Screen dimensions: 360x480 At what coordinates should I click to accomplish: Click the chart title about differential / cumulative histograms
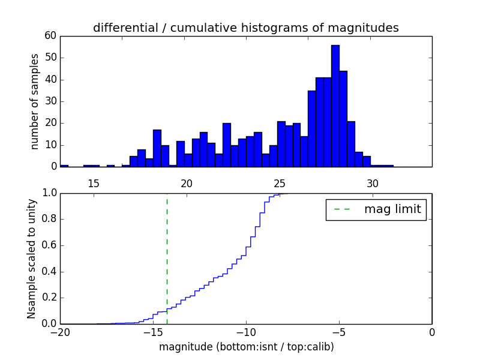(245, 28)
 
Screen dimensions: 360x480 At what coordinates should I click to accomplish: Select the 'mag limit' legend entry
(376, 209)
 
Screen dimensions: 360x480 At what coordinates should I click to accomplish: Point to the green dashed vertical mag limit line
(167, 258)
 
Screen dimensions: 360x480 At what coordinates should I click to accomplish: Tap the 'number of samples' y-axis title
(35, 101)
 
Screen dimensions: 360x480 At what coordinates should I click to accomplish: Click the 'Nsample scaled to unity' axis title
(31, 258)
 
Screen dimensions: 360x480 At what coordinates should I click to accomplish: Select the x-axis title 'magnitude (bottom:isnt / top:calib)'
(246, 347)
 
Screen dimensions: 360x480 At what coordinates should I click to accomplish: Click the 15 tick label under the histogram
(93, 183)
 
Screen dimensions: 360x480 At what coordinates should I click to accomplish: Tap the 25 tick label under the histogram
(279, 183)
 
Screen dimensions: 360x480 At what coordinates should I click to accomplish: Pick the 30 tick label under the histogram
(372, 183)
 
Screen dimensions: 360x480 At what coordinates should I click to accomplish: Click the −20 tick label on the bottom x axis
(60, 332)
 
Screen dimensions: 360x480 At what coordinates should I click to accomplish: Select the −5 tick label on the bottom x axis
(339, 332)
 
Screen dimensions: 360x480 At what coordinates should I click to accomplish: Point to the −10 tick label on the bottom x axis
(246, 332)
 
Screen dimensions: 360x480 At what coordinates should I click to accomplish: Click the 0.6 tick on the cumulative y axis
(48, 245)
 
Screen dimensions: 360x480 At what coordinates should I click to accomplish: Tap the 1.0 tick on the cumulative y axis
(48, 193)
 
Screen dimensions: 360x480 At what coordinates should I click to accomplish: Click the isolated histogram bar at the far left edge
(64, 166)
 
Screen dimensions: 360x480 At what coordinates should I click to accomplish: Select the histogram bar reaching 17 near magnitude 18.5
(157, 148)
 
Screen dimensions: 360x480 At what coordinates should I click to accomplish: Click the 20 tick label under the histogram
(186, 183)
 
